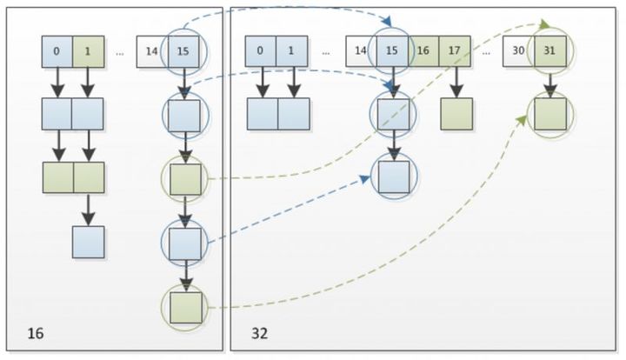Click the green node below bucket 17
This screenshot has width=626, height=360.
(456, 113)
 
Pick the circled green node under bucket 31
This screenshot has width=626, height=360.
(550, 113)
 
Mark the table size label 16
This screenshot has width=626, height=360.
(35, 333)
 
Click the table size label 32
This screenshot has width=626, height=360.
(259, 333)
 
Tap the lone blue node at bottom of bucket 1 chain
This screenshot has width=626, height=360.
(88, 242)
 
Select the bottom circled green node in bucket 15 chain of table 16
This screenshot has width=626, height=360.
(184, 307)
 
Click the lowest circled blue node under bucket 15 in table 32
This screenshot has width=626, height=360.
(393, 177)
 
